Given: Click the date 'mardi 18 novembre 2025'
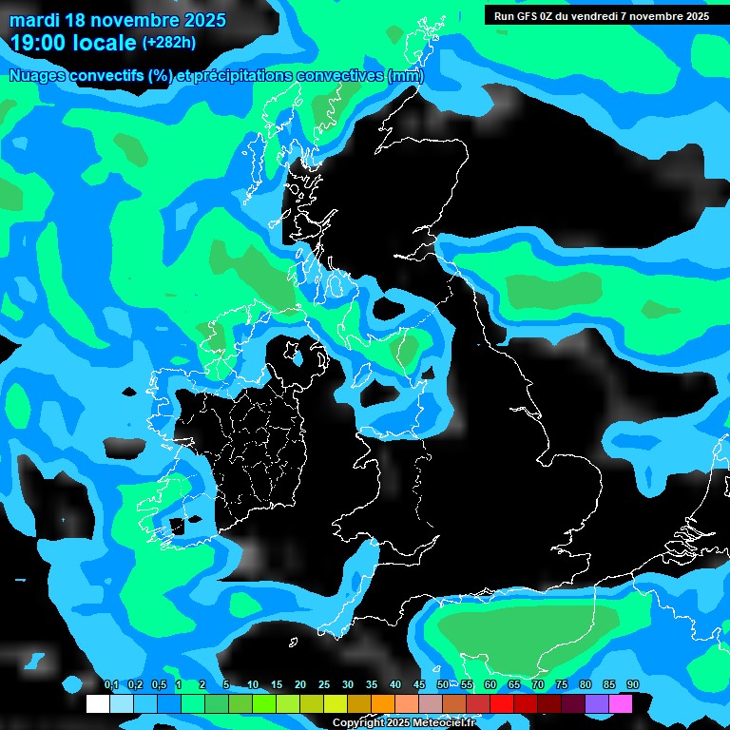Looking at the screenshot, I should [118, 20].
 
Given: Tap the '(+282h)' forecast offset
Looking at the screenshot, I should [169, 43].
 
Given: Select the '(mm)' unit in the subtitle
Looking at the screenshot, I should [406, 76].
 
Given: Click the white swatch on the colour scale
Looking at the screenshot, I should [97, 703].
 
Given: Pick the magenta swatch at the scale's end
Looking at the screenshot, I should [620, 703].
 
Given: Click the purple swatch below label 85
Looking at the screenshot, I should [596, 703].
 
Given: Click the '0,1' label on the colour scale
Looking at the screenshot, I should [111, 685].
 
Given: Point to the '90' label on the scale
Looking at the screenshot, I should [633, 685].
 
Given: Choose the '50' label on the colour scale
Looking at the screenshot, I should [443, 685].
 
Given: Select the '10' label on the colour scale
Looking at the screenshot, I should [253, 685].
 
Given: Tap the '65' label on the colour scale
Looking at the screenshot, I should [514, 685].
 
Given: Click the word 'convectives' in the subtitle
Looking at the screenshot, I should [340, 76].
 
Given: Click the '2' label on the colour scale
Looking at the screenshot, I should [202, 685].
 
